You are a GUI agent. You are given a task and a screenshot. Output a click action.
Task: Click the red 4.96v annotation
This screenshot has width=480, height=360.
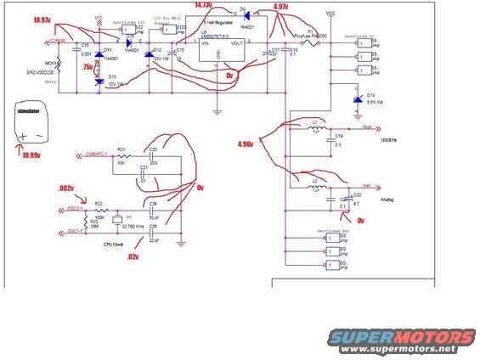[251, 145]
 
